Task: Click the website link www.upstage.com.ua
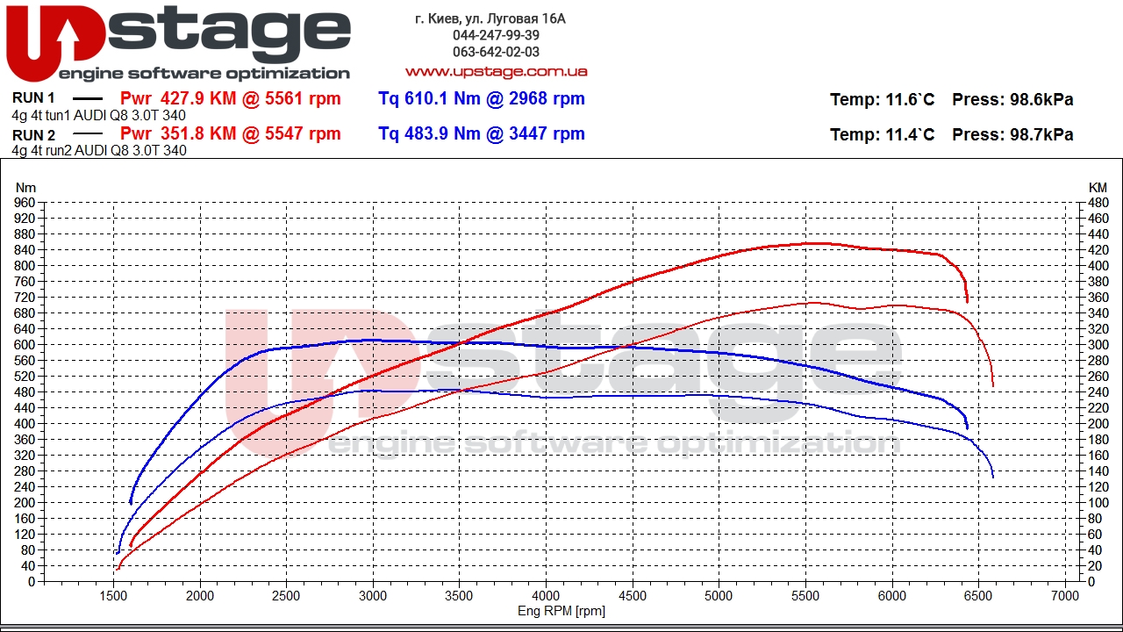497,72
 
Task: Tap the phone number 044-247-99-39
496,35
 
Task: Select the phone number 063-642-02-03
496,52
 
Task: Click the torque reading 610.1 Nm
437,98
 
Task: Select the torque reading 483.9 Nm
437,133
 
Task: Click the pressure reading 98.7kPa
1041,134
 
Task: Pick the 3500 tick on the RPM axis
459,596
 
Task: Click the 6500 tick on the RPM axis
978,596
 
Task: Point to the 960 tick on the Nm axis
25,203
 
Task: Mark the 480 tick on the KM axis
1098,203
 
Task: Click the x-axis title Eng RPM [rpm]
561,611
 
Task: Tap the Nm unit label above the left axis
25,188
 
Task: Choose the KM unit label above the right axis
1098,188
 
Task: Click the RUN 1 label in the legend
33,97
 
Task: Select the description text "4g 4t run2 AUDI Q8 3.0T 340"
99,150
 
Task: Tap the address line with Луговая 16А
490,18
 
